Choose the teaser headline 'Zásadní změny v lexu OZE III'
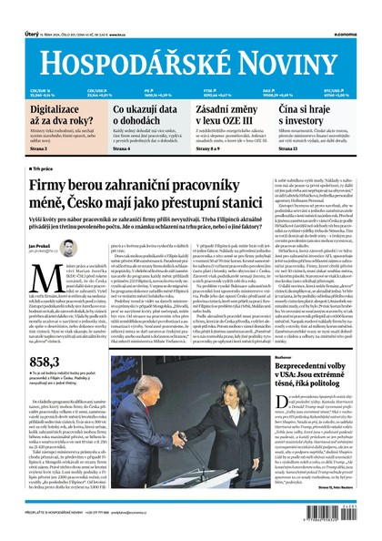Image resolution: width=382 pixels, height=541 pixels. [233, 114]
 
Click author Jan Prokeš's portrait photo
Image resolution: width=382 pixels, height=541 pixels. [68, 247]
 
